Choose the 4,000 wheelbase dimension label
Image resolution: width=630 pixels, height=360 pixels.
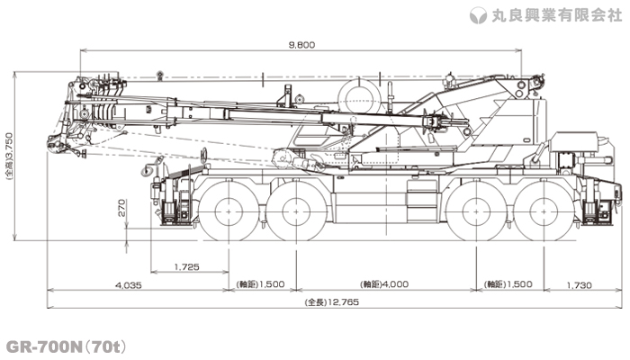(384, 284)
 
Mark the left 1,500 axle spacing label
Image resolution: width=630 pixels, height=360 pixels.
(260, 284)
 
